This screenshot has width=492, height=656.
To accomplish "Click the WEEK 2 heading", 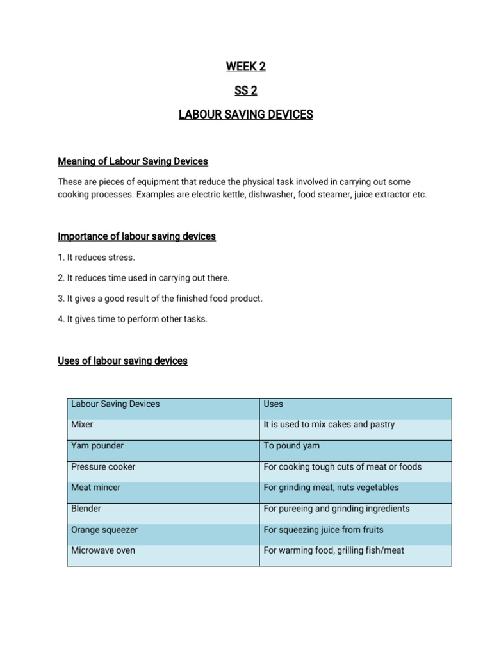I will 245,67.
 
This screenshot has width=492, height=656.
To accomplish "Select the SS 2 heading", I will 245,91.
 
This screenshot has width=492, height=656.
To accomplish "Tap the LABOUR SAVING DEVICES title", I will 245,115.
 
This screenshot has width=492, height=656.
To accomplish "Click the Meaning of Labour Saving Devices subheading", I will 133,161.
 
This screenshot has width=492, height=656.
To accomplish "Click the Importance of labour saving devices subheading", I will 136,236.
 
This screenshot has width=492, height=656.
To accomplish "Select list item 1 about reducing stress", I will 96,258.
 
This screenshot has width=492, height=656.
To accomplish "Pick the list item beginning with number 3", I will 160,299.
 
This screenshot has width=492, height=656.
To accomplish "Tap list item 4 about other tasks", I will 132,319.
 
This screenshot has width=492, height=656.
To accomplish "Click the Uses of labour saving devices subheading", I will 122,361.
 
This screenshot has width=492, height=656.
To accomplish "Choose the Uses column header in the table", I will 274,404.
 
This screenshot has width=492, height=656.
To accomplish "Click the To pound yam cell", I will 291,446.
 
